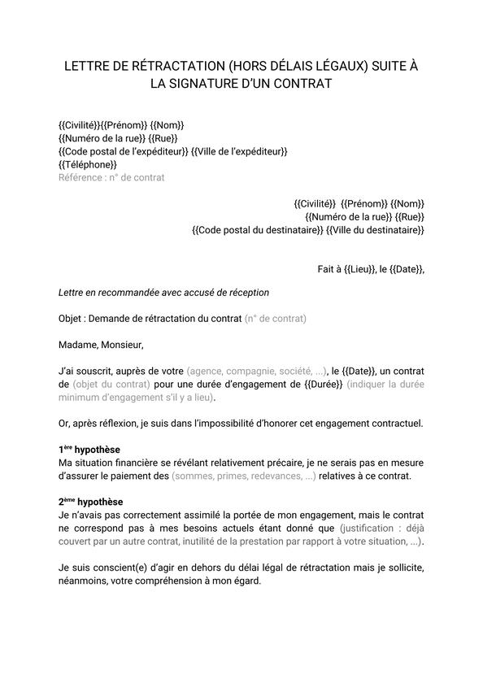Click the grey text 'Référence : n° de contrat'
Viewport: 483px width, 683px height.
(x=111, y=177)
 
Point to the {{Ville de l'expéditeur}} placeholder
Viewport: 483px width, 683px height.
(x=239, y=151)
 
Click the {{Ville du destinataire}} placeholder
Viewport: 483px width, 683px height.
(x=375, y=230)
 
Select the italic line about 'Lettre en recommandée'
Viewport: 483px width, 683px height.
(x=163, y=292)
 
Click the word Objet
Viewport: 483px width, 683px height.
(x=72, y=319)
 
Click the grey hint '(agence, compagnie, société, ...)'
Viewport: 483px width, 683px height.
(x=258, y=371)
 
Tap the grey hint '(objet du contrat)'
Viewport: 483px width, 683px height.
(x=111, y=384)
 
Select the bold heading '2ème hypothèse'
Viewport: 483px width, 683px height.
(x=91, y=502)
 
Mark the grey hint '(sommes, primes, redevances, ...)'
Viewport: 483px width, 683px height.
(x=244, y=476)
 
